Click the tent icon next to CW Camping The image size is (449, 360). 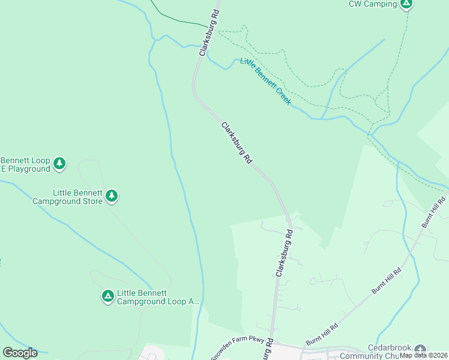pyautogui.click(x=406, y=4)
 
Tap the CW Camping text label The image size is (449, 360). pyautogui.click(x=373, y=4)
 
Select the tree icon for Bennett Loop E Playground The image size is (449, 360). pyautogui.click(x=59, y=163)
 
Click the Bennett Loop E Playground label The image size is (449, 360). pyautogui.click(x=25, y=164)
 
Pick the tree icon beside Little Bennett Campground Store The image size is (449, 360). pyautogui.click(x=111, y=196)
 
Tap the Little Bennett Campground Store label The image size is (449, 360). pyautogui.click(x=68, y=197)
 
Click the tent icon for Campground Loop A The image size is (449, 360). pyautogui.click(x=107, y=296)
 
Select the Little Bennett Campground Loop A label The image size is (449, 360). pyautogui.click(x=157, y=297)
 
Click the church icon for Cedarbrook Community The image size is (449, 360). pyautogui.click(x=420, y=349)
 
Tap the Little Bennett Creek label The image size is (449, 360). pyautogui.click(x=265, y=82)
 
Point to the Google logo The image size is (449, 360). pyautogui.click(x=20, y=353)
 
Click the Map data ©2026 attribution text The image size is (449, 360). pyautogui.click(x=424, y=355)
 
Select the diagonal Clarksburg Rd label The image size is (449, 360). pyautogui.click(x=237, y=143)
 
